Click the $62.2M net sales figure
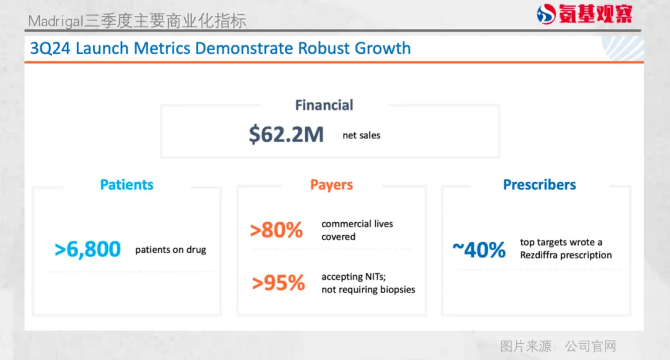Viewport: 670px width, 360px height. tap(286, 134)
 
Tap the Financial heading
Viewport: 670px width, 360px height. tap(324, 105)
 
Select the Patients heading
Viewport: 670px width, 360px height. tap(127, 185)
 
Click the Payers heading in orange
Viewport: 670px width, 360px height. tap(331, 185)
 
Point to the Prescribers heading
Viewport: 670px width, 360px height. tap(539, 185)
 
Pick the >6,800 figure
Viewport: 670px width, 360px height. tap(87, 250)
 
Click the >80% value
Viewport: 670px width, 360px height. tap(277, 230)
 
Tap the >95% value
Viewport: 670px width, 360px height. tap(278, 282)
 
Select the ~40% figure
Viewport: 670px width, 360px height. tap(479, 250)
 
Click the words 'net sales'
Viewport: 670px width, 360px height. tap(362, 135)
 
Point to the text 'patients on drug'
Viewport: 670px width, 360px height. tap(171, 250)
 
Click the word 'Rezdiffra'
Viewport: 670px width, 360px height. tap(538, 255)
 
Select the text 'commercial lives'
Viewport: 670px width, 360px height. tap(357, 224)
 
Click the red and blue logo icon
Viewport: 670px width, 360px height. tap(546, 14)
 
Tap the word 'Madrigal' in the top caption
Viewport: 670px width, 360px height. tap(55, 21)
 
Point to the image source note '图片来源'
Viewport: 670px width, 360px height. tap(526, 346)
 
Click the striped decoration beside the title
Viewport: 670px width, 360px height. tap(623, 48)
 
